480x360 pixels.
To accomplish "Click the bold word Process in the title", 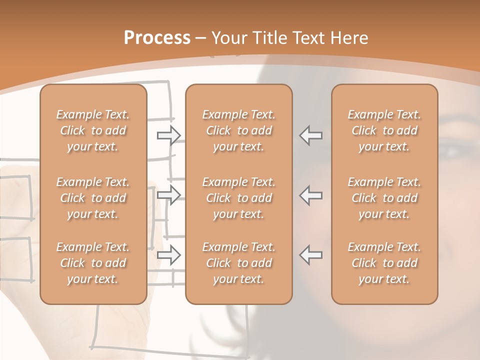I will [157, 38].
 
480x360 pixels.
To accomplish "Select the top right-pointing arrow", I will [169, 135].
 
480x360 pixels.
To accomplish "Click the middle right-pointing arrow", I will [169, 195].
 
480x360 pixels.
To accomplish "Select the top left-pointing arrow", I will [311, 135].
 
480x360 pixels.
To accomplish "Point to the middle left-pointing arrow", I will [311, 195].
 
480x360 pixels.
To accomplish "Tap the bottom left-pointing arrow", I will [311, 254].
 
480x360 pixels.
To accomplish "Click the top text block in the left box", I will [93, 130].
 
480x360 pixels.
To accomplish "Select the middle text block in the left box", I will [93, 198].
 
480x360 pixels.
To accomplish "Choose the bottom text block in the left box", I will [93, 263].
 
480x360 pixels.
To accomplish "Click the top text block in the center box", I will [239, 130].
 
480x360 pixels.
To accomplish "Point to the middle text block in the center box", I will [239, 198].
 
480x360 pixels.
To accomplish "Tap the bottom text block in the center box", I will [239, 263].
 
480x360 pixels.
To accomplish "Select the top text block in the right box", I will [384, 130].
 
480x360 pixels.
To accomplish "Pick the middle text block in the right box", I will [384, 198].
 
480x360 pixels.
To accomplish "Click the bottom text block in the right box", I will [384, 263].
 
